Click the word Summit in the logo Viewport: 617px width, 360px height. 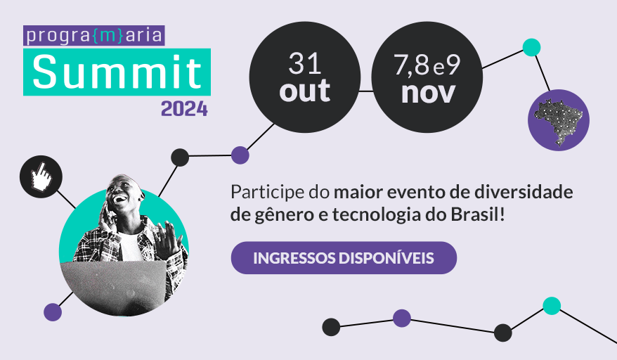(117, 72)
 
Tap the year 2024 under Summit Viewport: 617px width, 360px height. (184, 109)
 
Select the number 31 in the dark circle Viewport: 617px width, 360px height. (304, 65)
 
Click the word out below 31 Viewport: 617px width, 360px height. (304, 91)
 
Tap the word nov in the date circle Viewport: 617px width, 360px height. (427, 92)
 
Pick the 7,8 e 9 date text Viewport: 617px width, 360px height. (427, 66)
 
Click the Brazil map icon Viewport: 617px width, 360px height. (559, 120)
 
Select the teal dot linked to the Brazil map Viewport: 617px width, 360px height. (532, 48)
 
